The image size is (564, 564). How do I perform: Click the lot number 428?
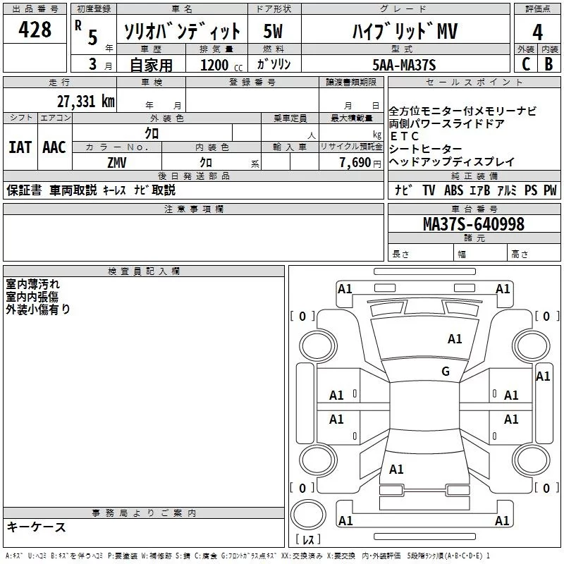pyautogui.click(x=35, y=30)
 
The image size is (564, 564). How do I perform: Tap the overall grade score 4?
pyautogui.click(x=538, y=32)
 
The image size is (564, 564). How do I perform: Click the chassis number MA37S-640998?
pyautogui.click(x=474, y=223)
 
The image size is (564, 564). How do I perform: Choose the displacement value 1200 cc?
pyautogui.click(x=216, y=65)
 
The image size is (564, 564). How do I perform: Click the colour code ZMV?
pyautogui.click(x=117, y=161)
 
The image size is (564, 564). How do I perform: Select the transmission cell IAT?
pyautogui.click(x=20, y=147)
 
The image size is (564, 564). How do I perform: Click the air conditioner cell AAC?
pyautogui.click(x=54, y=147)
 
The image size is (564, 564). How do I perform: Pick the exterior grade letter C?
pyautogui.click(x=525, y=64)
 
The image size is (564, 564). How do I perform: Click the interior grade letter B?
pyautogui.click(x=549, y=64)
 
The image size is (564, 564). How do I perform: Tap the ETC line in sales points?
pyautogui.click(x=405, y=136)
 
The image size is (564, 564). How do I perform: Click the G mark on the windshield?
pyautogui.click(x=446, y=372)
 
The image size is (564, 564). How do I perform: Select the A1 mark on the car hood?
pyautogui.click(x=455, y=339)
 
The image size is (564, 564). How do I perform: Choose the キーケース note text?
pyautogui.click(x=36, y=527)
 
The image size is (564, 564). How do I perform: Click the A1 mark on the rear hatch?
pyautogui.click(x=396, y=469)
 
